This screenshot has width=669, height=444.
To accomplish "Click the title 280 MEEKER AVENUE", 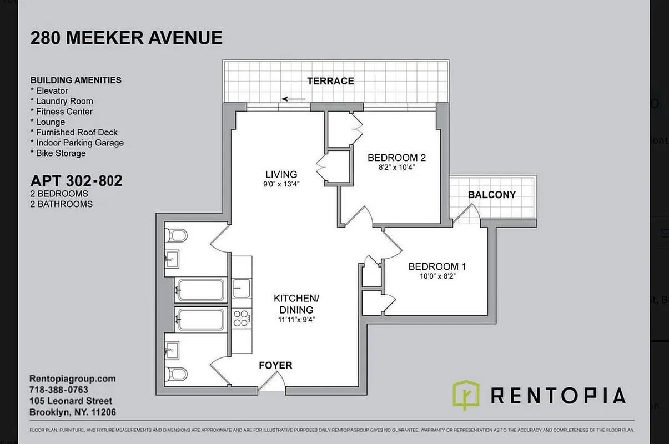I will point(126,38).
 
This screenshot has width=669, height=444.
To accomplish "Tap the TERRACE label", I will point(330,81).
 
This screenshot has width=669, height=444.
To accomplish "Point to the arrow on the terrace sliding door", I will point(294,99).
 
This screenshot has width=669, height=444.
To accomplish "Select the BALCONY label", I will point(491,195).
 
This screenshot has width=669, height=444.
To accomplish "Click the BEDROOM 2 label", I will point(396,158).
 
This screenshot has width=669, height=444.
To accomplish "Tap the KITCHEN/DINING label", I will point(296,304).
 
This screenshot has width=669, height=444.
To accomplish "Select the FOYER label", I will point(275,365).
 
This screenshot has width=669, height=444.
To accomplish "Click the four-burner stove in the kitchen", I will point(241,319).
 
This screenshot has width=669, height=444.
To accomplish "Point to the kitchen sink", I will point(241,288).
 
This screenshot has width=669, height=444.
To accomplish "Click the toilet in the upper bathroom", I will point(177,236).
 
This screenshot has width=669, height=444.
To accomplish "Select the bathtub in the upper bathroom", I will point(200,289).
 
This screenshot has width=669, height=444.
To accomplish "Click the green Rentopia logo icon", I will point(466,395).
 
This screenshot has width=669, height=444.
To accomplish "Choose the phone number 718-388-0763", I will point(58,390).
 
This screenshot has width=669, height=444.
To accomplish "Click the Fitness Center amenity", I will point(64,112).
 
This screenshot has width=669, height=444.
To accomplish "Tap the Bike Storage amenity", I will point(61,153).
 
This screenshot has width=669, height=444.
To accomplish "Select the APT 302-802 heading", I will point(76,181).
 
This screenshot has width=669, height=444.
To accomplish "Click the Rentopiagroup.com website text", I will point(72,379).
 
